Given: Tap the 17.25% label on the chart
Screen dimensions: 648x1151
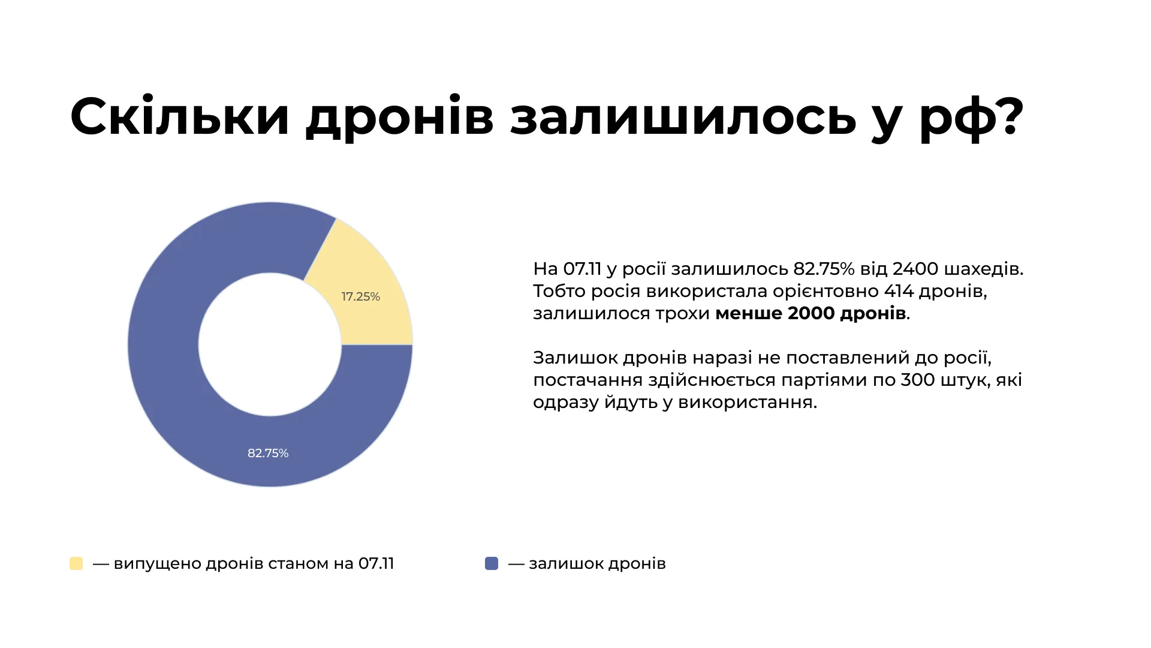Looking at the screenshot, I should [x=360, y=296].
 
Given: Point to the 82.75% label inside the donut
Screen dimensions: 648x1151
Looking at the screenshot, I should [x=268, y=453].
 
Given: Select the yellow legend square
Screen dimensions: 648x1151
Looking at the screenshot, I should [x=76, y=563].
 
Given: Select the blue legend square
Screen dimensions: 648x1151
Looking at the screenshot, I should [x=492, y=563].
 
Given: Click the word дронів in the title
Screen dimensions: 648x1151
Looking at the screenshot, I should [x=400, y=116].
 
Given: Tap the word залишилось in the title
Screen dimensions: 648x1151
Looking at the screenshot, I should [x=683, y=116].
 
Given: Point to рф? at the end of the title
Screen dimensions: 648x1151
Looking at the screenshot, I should [x=971, y=116].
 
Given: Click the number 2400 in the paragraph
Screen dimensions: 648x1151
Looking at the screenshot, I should [x=915, y=269].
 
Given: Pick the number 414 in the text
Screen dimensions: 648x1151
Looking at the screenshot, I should [x=899, y=291].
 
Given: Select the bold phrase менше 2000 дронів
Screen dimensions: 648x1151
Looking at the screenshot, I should [x=810, y=313].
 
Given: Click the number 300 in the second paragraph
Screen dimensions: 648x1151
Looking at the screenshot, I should [x=918, y=380].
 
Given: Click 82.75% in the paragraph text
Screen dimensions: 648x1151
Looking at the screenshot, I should [x=824, y=269].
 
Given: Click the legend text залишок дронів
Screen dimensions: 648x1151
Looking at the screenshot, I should [x=597, y=563].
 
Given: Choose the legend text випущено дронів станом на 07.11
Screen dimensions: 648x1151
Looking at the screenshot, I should [x=254, y=563].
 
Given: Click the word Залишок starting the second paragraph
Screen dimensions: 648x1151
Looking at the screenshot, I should [x=575, y=358].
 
